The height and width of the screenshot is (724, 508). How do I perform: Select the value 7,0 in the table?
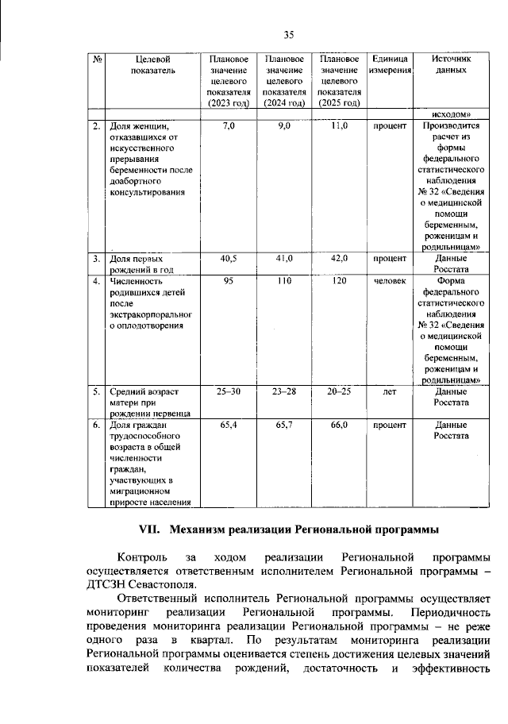229,125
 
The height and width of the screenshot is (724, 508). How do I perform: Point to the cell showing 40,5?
229,259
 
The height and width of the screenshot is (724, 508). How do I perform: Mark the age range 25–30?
229,392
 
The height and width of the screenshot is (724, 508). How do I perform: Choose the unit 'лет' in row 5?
390,392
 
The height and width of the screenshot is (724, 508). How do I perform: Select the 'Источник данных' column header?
451,65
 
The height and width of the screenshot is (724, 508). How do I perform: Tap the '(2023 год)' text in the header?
229,103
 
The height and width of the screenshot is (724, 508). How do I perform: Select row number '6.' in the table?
95,426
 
